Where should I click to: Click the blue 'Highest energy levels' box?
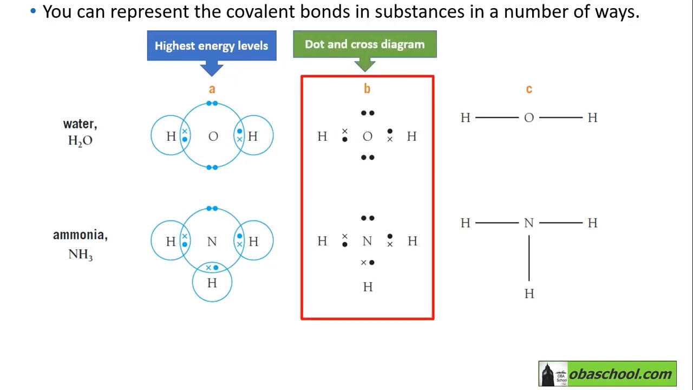pyautogui.click(x=212, y=45)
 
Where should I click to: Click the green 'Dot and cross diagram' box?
pyautogui.click(x=365, y=44)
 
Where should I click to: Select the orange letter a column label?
pyautogui.click(x=212, y=89)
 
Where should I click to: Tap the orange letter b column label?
pyautogui.click(x=367, y=88)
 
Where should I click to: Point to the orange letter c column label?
pyautogui.click(x=529, y=89)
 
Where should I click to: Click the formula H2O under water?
pyautogui.click(x=81, y=141)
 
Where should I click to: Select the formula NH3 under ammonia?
pyautogui.click(x=81, y=255)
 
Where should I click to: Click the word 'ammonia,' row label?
pyautogui.click(x=81, y=235)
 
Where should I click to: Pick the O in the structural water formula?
pyautogui.click(x=529, y=118)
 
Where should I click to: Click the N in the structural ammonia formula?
pyautogui.click(x=529, y=223)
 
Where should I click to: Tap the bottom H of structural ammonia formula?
pyautogui.click(x=529, y=294)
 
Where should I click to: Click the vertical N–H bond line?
pyautogui.click(x=529, y=258)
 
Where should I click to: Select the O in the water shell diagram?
pyautogui.click(x=213, y=136)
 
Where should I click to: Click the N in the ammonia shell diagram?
pyautogui.click(x=212, y=242)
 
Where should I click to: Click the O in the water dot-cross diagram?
pyautogui.click(x=368, y=136)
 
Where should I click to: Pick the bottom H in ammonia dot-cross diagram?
pyautogui.click(x=368, y=287)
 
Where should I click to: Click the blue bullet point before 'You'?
pyautogui.click(x=33, y=11)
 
